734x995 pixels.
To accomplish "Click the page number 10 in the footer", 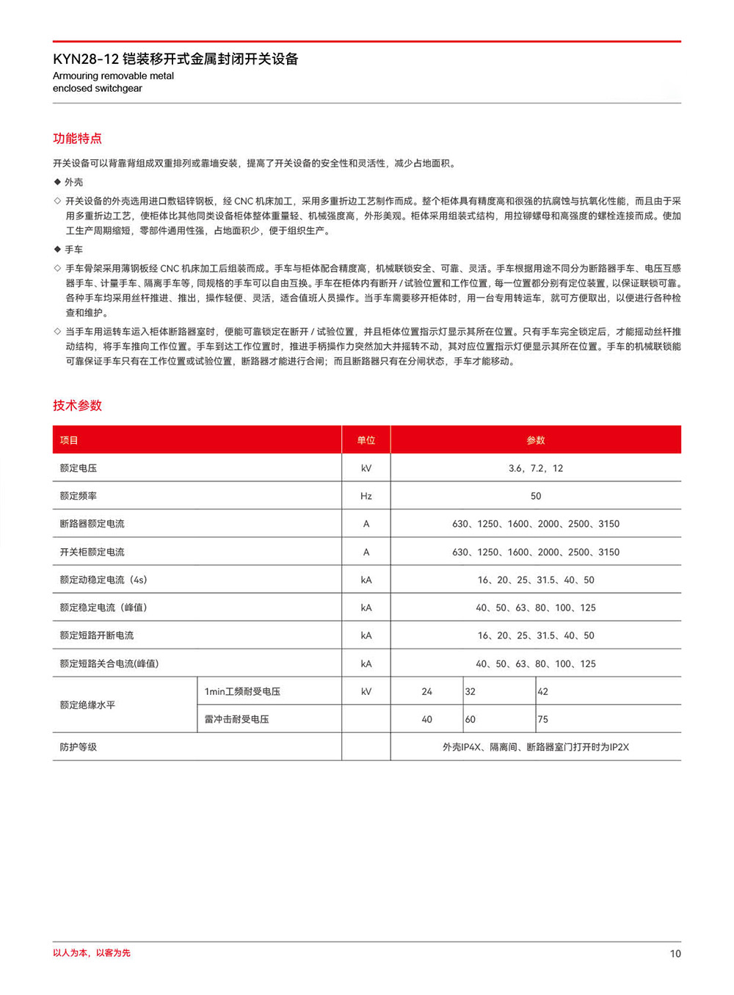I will click(675, 954).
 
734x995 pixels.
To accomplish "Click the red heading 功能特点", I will click(77, 139).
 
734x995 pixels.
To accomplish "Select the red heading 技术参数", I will click(77, 406).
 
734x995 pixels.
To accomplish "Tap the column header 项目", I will click(69, 440).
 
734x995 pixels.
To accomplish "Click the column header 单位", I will click(366, 440).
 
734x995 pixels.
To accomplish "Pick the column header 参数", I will click(536, 440).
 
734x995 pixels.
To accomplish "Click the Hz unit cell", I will click(366, 496).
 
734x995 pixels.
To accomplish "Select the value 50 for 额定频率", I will click(536, 496).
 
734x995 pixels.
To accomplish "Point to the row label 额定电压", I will click(79, 468).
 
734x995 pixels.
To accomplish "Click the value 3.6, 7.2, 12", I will click(536, 468).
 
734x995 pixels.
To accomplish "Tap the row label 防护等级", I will click(79, 747).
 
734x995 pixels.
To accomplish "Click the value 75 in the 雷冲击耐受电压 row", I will click(543, 719).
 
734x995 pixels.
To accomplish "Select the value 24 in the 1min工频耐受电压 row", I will click(427, 691).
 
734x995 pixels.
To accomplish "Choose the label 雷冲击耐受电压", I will click(236, 719).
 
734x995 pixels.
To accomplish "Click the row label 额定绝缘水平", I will click(87, 705).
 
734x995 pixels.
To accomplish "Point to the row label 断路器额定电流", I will click(92, 524).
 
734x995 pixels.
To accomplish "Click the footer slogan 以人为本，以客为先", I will click(92, 953).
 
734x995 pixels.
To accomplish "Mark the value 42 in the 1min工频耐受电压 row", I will click(543, 691).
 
